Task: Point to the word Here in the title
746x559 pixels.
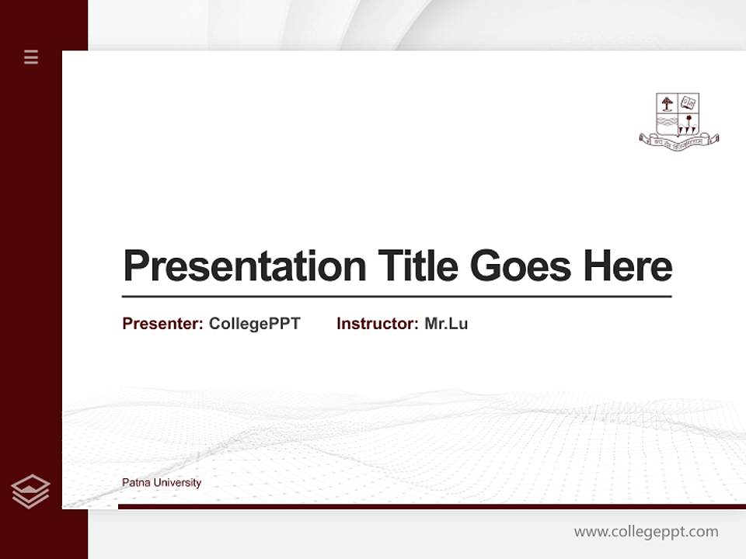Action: [x=628, y=266]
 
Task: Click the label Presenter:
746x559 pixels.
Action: [x=162, y=324]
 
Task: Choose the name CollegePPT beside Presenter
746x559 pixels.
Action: [x=254, y=324]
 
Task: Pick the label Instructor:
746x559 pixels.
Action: [x=377, y=324]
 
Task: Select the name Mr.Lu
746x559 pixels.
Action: [x=446, y=324]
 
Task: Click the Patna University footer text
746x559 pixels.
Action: [x=162, y=483]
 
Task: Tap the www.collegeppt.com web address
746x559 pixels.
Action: [x=646, y=532]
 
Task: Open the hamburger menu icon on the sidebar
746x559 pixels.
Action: [x=31, y=57]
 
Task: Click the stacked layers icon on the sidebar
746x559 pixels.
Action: [x=30, y=491]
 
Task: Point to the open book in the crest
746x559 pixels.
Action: [x=688, y=102]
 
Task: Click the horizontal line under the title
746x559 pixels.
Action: [x=396, y=297]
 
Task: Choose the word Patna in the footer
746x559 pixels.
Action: [x=136, y=483]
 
